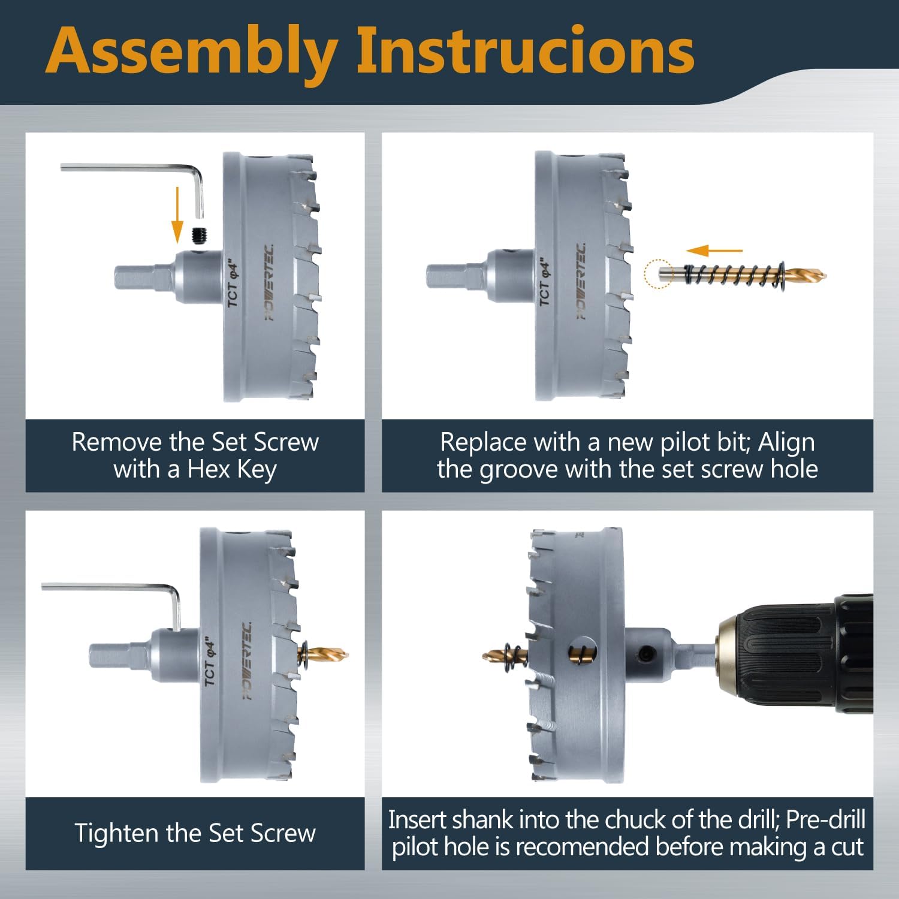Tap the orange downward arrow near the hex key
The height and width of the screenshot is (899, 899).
177,215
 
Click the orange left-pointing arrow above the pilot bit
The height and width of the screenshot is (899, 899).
714,251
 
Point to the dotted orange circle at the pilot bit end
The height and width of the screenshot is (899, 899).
658,274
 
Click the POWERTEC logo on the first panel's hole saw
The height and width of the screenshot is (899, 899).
270,282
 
